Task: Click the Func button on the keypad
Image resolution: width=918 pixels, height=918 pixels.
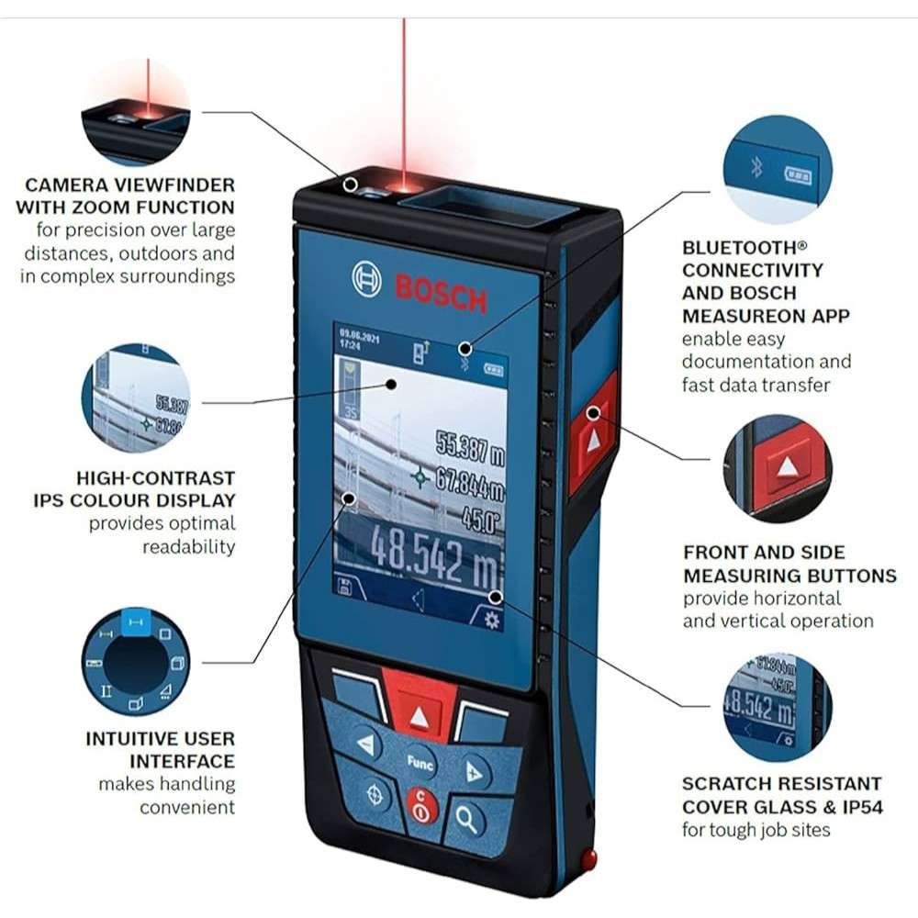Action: pos(420,762)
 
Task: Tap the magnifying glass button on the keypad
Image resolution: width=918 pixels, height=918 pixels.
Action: pos(467,819)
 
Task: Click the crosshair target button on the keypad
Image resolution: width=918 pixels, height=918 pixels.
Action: pos(374,795)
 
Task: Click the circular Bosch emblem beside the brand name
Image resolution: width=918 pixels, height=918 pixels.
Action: pos(366,278)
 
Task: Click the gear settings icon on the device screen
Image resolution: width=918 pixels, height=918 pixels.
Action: pos(491,620)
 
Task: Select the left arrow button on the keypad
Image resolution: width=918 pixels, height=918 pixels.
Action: pos(365,744)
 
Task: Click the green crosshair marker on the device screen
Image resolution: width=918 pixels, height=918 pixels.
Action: pos(420,477)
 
